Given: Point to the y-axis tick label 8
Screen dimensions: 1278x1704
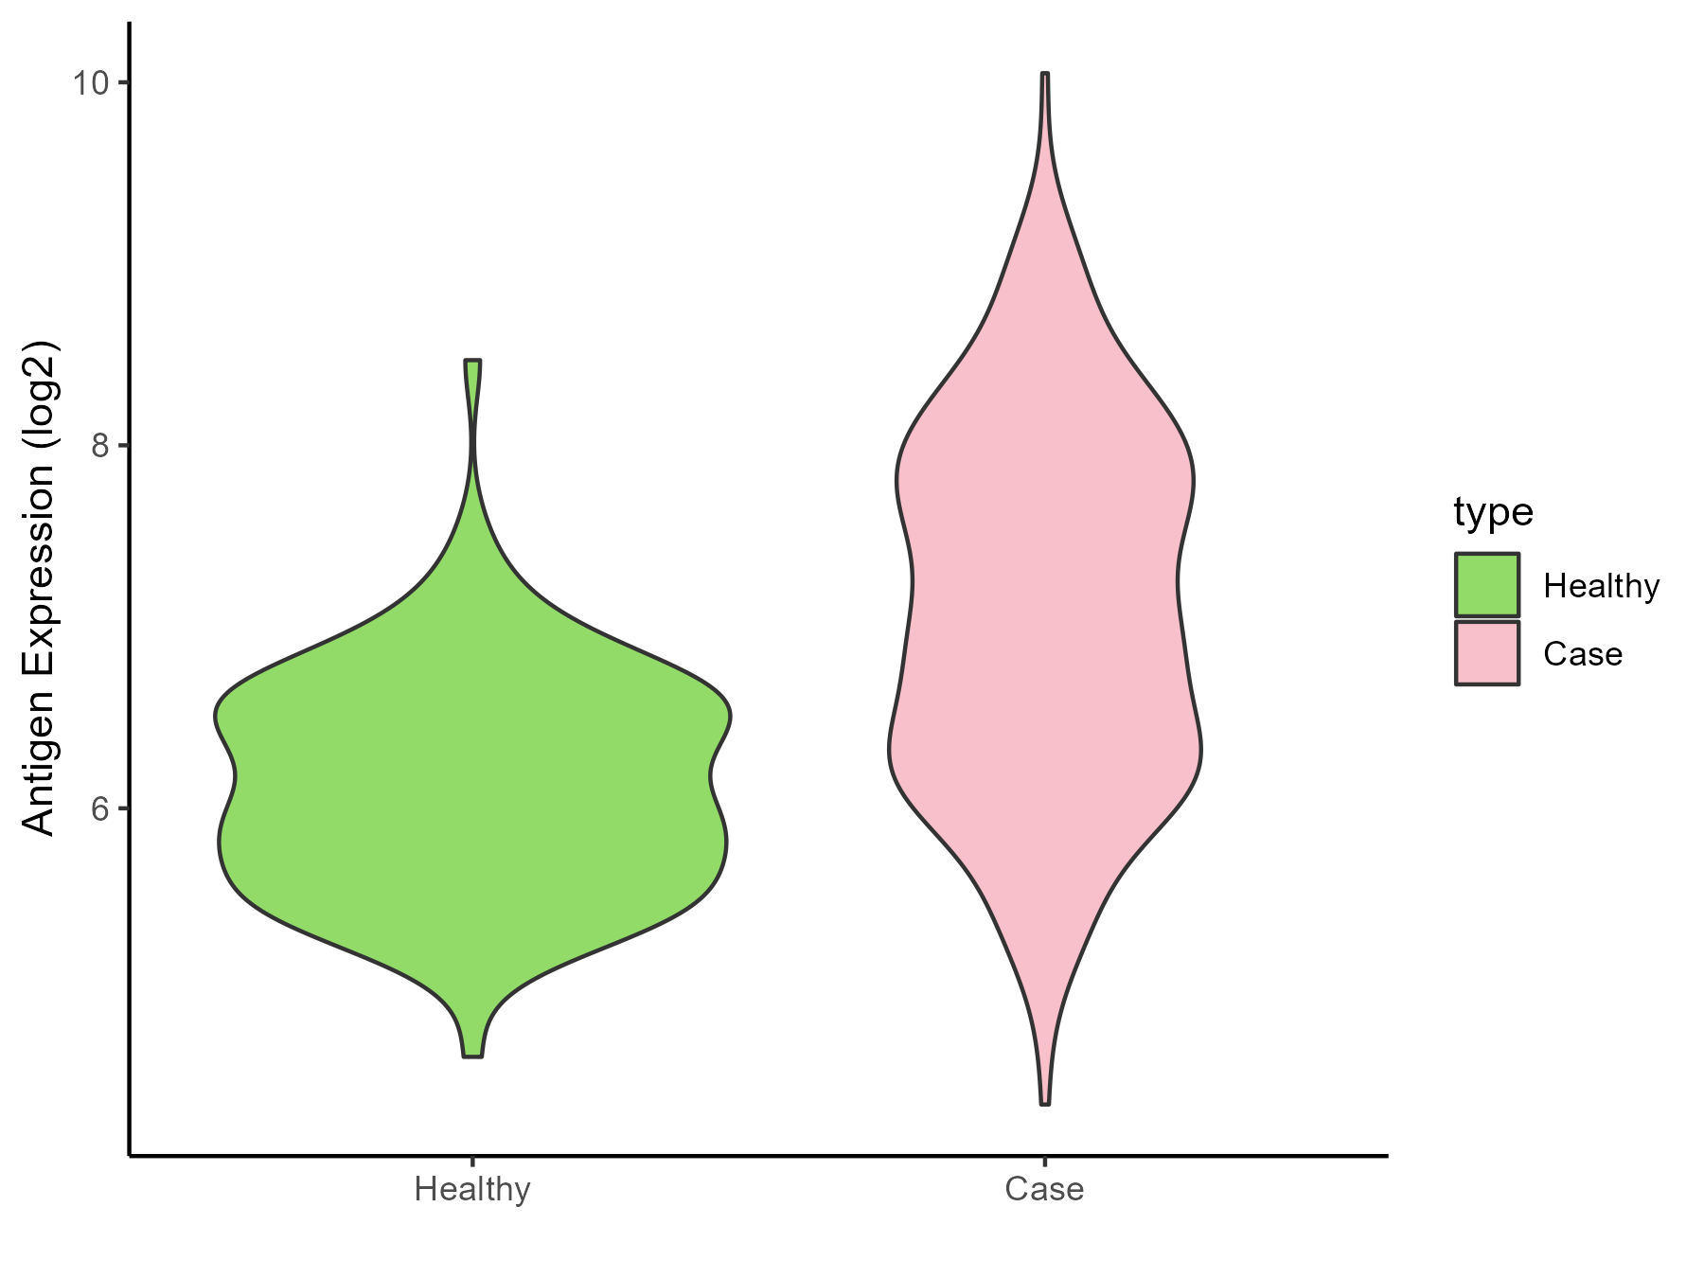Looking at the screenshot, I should click(x=98, y=446).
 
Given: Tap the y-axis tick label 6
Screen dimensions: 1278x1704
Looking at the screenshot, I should click(x=98, y=808).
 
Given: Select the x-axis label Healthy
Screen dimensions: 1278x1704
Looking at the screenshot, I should click(x=472, y=1189).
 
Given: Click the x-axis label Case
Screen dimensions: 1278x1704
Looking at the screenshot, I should click(x=1044, y=1189).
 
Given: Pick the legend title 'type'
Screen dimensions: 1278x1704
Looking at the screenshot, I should click(x=1493, y=512).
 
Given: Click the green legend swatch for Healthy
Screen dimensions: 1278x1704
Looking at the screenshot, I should click(x=1487, y=585).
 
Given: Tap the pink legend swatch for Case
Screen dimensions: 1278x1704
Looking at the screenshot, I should click(x=1487, y=653).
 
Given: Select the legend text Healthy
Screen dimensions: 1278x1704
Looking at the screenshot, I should click(x=1601, y=587).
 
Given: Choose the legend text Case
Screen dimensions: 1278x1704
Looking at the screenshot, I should click(x=1582, y=654).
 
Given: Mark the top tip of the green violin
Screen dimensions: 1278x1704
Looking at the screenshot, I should click(x=472, y=361).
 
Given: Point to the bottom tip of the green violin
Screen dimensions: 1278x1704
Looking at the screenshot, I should click(x=472, y=1056).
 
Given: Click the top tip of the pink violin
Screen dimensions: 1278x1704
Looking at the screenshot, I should click(x=1044, y=73).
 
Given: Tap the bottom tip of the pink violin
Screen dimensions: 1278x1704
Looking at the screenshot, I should click(x=1044, y=1104).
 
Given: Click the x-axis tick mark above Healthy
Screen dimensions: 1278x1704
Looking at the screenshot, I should click(x=472, y=1162).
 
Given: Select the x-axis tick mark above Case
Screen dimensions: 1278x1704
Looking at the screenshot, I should click(x=1044, y=1162).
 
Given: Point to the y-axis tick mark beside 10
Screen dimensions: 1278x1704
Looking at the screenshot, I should click(x=123, y=83).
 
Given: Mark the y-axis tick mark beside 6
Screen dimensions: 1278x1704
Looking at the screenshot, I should click(x=123, y=808).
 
